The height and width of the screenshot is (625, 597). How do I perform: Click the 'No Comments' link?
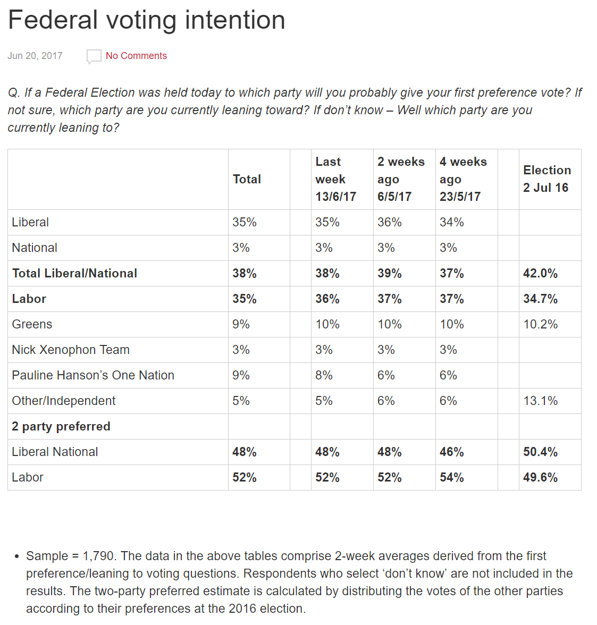136,56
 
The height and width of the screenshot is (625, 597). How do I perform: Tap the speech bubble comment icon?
94,56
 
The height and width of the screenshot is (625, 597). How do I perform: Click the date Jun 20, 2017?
35,56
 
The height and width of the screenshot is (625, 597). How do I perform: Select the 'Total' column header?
247,179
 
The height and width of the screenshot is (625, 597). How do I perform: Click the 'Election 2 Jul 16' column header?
546,179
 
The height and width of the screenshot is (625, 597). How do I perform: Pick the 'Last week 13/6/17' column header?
335,179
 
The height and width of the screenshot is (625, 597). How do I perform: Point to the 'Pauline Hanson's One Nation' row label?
93,375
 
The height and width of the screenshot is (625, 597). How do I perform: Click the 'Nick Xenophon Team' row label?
71,350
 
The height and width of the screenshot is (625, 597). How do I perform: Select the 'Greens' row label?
32,324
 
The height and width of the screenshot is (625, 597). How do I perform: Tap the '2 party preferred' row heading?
61,426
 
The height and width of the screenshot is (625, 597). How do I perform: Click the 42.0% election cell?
540,273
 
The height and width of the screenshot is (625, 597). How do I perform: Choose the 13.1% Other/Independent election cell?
540,401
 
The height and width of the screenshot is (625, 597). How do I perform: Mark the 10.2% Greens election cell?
540,324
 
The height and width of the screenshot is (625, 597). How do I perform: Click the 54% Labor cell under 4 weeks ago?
452,477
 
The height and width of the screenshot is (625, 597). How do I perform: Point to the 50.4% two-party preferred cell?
540,452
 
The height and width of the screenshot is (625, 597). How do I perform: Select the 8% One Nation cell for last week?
324,375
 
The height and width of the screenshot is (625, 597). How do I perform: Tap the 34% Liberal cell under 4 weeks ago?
452,222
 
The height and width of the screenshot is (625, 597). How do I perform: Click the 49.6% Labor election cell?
540,477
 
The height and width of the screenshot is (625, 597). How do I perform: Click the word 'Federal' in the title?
53,20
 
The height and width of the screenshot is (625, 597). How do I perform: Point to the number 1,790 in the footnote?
98,556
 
